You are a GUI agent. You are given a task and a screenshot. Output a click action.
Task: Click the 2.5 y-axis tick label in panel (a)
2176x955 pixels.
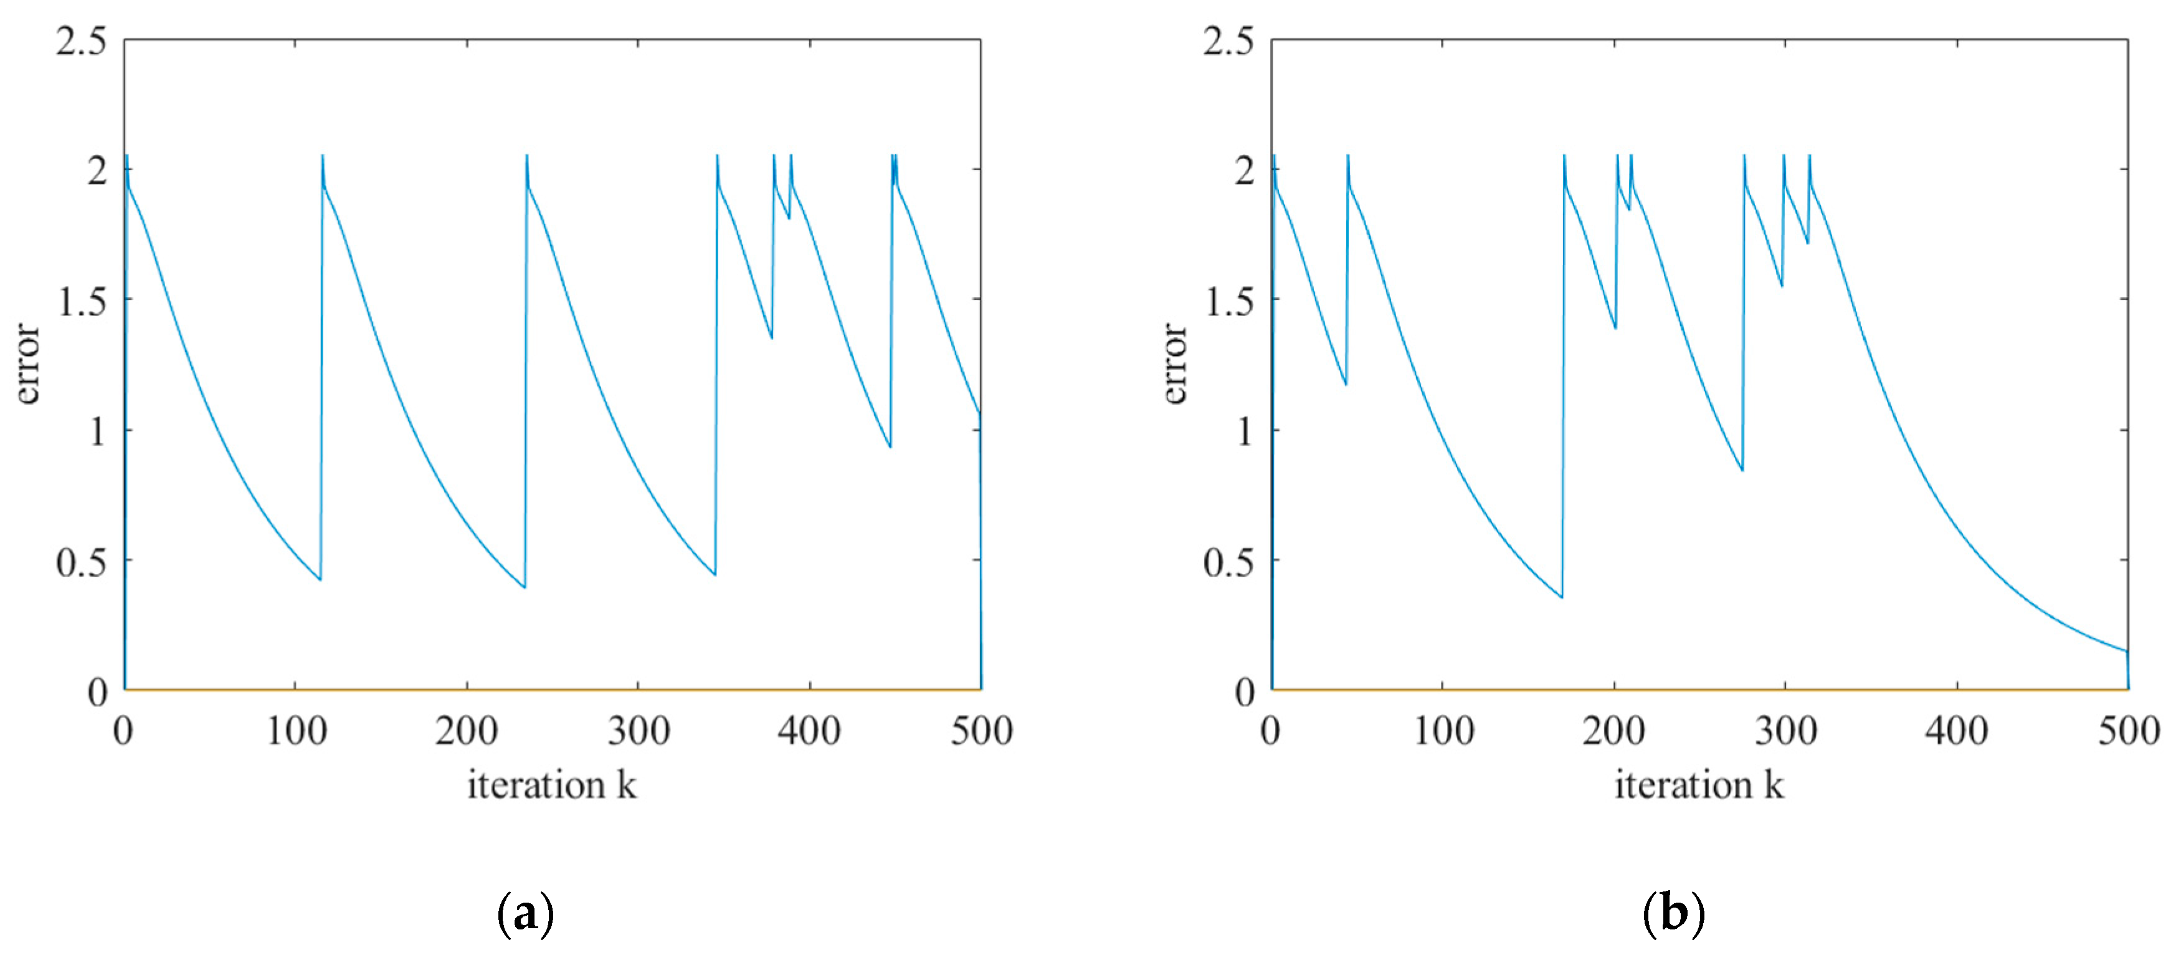click(82, 41)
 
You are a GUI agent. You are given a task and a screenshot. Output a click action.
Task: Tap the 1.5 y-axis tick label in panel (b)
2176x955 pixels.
click(1229, 301)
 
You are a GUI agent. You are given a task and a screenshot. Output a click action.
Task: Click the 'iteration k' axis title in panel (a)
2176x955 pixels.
click(551, 785)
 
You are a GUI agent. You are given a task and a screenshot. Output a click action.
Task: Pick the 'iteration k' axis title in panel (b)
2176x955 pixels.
click(1699, 785)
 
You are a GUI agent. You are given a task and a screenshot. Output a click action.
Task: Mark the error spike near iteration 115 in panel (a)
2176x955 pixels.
click(323, 157)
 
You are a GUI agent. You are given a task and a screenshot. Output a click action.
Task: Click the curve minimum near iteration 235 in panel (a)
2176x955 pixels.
click(525, 587)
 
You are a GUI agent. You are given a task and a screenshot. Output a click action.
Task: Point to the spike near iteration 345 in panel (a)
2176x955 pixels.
click(717, 157)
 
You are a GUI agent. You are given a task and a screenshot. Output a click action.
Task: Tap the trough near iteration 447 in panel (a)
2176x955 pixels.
click(890, 446)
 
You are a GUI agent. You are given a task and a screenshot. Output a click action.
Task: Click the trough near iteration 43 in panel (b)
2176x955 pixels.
click(1346, 385)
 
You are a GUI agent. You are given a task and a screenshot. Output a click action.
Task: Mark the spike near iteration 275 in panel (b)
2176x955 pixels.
click(1744, 157)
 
